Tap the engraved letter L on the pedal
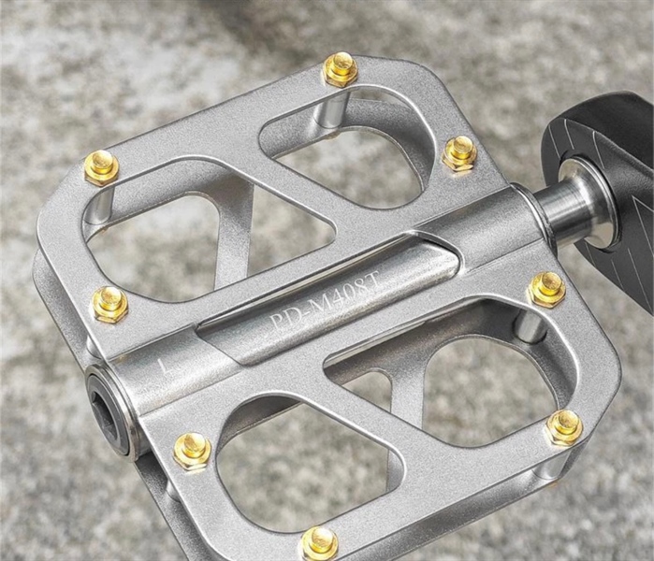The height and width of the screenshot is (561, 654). pyautogui.click(x=164, y=366)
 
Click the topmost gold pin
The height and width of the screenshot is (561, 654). pyautogui.click(x=342, y=69)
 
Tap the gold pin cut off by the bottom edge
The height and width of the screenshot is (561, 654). pyautogui.click(x=320, y=543)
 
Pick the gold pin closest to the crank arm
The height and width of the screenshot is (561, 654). pyautogui.click(x=459, y=153)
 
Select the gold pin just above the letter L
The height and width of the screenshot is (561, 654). pyautogui.click(x=110, y=304)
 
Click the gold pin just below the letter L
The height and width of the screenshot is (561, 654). pyautogui.click(x=192, y=452)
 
